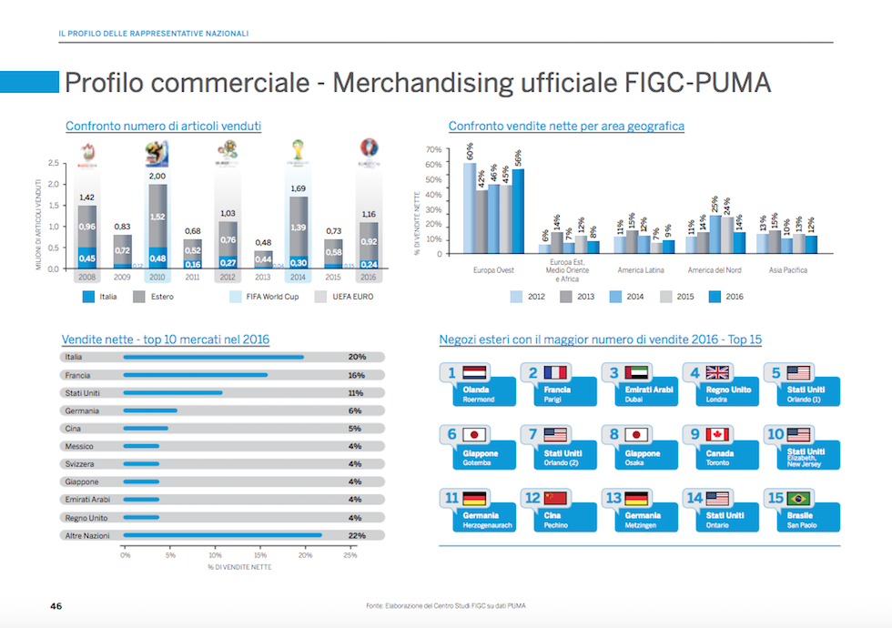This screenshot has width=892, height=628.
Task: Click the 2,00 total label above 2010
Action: (157, 176)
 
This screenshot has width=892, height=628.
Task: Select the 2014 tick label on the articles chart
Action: (298, 277)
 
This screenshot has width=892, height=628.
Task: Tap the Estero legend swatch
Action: (139, 297)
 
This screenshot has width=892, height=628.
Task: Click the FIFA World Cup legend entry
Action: (269, 297)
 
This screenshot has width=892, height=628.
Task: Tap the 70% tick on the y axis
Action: (433, 149)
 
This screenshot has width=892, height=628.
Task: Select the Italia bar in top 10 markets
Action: (213, 357)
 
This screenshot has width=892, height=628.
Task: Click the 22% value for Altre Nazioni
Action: (356, 535)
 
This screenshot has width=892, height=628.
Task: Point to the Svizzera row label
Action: (79, 464)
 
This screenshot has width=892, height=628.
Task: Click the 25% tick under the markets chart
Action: (350, 554)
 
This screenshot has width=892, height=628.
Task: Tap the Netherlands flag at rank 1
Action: (476, 372)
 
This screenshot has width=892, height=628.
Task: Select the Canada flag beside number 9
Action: (718, 435)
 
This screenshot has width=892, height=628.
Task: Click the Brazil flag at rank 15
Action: (799, 498)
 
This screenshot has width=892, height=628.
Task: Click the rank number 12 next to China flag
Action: (532, 498)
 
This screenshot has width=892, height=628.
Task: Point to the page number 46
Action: (56, 605)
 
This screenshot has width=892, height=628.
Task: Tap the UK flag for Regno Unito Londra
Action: (718, 372)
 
